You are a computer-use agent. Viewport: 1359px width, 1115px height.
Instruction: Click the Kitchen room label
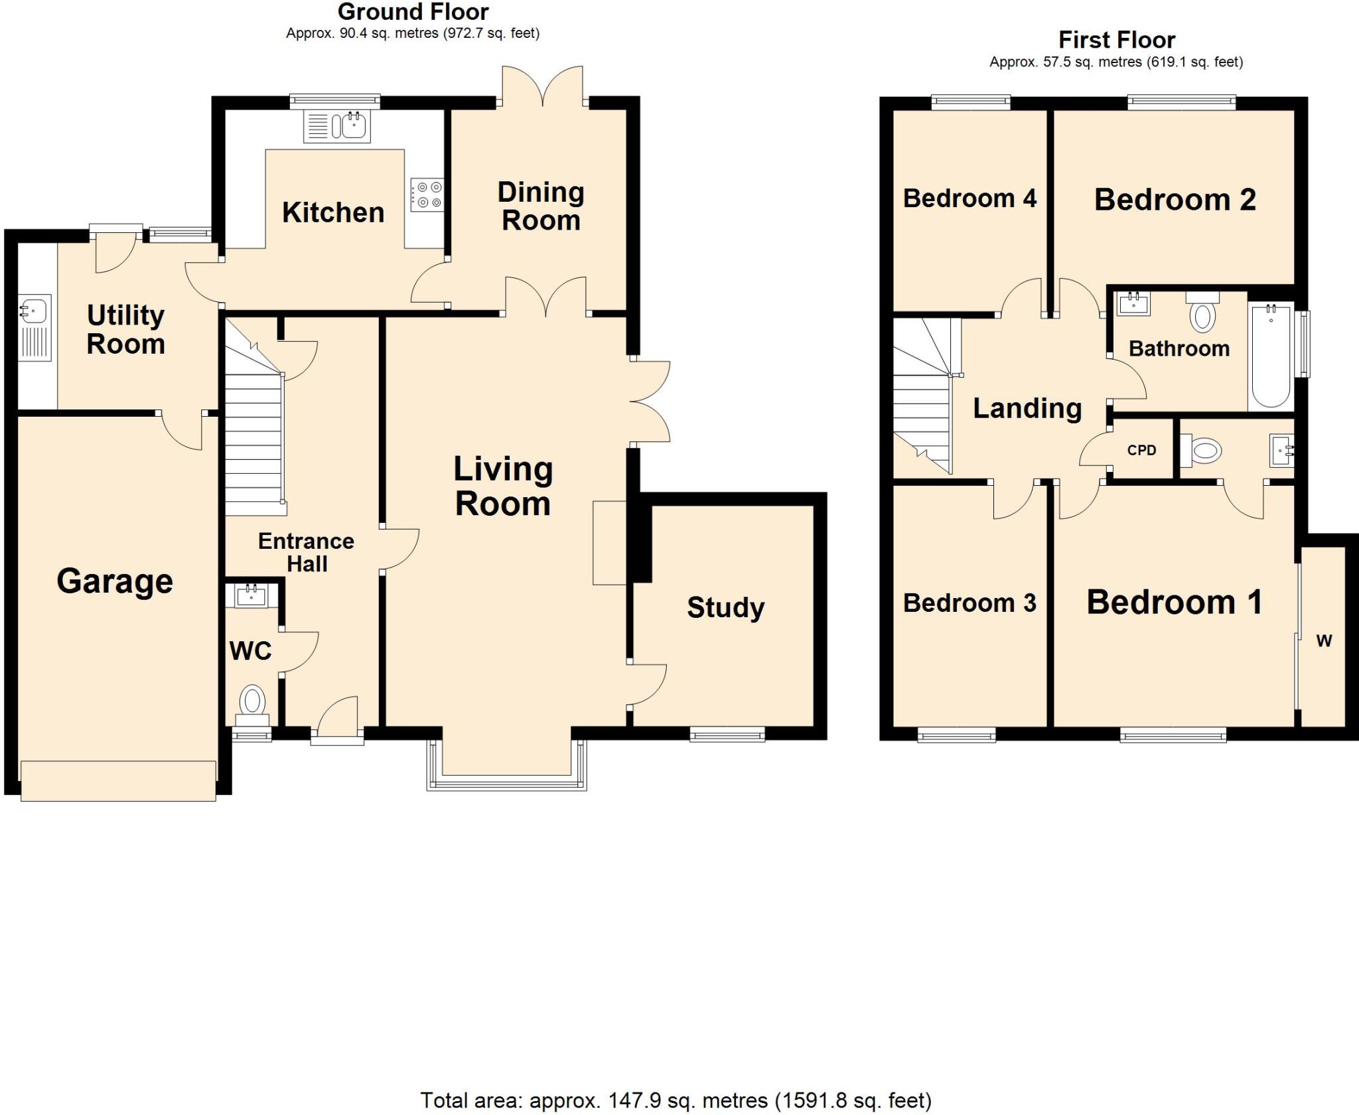point(333,213)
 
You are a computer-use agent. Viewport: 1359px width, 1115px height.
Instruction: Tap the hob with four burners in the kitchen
point(426,194)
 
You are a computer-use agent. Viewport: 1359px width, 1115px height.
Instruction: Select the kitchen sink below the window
point(337,126)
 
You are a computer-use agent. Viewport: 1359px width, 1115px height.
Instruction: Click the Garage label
point(115,581)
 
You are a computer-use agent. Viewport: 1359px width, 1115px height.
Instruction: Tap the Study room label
point(725,607)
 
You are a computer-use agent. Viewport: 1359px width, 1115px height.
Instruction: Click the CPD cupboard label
point(1141,450)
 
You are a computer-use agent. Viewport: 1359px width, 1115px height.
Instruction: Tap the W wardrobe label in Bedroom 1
point(1324,640)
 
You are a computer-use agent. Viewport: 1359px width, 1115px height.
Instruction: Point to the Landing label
point(1027,408)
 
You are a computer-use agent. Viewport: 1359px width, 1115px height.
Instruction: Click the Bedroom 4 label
point(969,198)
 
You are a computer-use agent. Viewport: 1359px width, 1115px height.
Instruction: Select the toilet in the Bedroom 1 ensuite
point(1202,452)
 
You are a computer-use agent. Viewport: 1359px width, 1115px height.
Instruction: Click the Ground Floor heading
point(413,12)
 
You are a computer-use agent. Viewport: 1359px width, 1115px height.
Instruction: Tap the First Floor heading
point(1116,40)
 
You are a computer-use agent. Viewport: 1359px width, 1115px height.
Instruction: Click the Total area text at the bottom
point(676,1100)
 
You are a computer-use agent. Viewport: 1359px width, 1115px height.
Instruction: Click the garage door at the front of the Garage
point(118,781)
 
